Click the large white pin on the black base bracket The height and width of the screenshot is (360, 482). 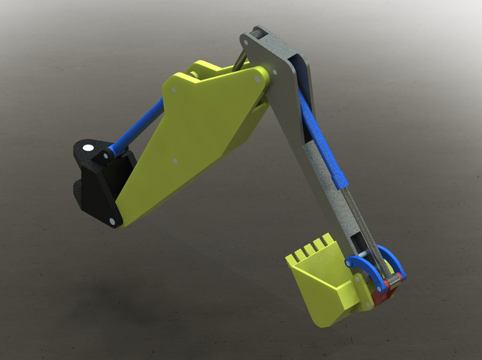[88, 148]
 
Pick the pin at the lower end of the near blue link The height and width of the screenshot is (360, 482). [381, 288]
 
